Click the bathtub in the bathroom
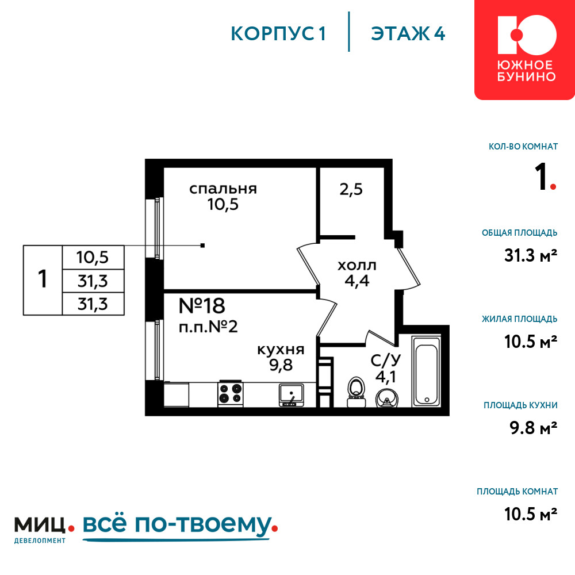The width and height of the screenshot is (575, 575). click(426, 371)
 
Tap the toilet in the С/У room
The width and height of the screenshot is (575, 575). click(356, 392)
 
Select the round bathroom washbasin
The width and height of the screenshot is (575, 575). click(386, 398)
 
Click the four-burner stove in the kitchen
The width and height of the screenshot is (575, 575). click(231, 394)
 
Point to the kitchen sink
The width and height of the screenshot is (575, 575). click(292, 396)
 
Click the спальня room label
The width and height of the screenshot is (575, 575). click(223, 189)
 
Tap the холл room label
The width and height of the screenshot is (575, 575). click(357, 266)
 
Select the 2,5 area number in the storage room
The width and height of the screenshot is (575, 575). click(351, 190)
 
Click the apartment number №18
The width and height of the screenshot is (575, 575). click(202, 306)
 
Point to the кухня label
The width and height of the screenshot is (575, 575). click(281, 350)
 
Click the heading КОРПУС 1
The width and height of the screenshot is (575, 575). click(278, 34)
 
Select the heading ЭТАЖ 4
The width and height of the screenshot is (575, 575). click(408, 34)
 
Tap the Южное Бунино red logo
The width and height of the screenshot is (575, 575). click(524, 49)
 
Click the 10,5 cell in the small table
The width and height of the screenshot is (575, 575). click(93, 258)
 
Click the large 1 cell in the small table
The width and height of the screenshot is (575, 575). click(43, 280)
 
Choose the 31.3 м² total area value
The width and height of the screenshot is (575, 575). click(531, 256)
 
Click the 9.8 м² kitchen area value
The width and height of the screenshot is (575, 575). click(534, 428)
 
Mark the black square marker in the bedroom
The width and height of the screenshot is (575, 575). click(202, 246)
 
